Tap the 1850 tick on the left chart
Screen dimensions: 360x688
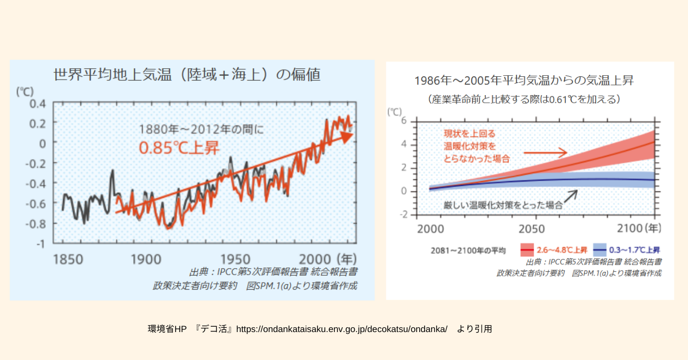pyautogui.click(x=68, y=259)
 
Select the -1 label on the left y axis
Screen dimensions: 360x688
pyautogui.click(x=41, y=243)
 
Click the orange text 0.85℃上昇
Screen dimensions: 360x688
pyautogui.click(x=180, y=148)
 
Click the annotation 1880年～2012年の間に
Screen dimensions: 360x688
pyautogui.click(x=202, y=129)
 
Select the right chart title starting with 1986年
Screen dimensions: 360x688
pyautogui.click(x=524, y=81)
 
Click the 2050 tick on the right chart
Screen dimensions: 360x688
pyautogui.click(x=532, y=228)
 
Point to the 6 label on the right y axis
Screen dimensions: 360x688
pyautogui.click(x=404, y=120)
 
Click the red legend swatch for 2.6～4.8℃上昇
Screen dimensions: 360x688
pyautogui.click(x=527, y=250)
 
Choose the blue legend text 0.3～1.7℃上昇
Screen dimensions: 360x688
pyautogui.click(x=634, y=250)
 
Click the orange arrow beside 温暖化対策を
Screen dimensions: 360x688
pyautogui.click(x=546, y=153)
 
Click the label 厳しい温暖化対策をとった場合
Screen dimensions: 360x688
pyautogui.click(x=503, y=205)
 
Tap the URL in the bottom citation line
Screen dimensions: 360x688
pyautogui.click(x=341, y=329)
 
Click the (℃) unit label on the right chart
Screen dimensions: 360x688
pyautogui.click(x=395, y=112)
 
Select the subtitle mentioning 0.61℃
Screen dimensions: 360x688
pyautogui.click(x=524, y=99)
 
